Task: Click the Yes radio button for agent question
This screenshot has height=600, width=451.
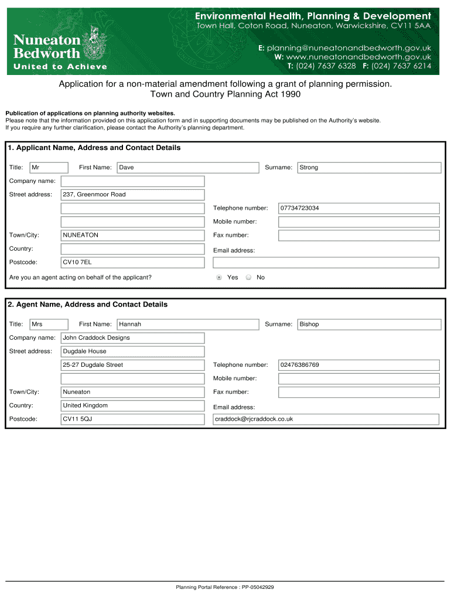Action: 219,277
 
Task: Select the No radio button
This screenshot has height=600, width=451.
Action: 248,277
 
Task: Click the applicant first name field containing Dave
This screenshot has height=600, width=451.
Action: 187,168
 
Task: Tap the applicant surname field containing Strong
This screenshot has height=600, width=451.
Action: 369,168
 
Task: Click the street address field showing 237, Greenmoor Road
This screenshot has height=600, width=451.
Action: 133,195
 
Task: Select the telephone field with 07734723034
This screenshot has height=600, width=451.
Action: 358,208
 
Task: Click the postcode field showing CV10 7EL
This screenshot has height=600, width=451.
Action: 133,262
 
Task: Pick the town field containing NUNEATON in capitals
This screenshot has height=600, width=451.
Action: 133,235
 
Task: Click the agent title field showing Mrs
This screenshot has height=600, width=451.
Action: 49,324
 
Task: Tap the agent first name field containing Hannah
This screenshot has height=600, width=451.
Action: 187,324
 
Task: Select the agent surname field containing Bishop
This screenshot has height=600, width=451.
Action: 369,324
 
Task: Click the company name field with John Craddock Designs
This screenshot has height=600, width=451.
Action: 133,338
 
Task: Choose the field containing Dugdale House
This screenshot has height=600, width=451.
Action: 133,352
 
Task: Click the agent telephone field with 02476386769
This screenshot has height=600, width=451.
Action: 358,365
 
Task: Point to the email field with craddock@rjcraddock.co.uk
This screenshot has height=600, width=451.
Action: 326,419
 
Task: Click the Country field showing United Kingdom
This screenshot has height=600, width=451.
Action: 133,405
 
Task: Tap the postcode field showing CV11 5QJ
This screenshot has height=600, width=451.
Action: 133,419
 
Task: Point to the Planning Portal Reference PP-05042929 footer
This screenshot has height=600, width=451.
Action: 225,587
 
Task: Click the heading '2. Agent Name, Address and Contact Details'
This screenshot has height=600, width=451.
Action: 88,305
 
